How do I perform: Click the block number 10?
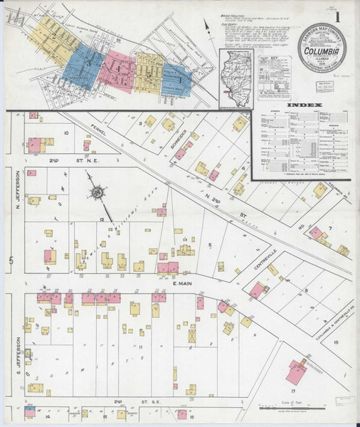point(65,132)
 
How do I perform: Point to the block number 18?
point(335,342)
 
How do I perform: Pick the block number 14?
point(47,416)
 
